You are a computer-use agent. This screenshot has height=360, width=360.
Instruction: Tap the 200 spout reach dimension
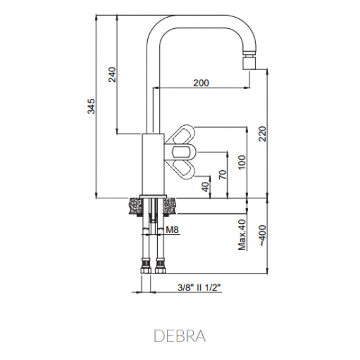202,82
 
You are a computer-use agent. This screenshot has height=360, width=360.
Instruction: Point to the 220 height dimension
262,135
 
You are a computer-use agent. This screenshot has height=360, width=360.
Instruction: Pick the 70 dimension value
223,175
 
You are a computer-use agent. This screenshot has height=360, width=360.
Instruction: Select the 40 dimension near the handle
205,186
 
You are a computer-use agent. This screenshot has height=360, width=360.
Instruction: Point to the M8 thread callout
172,230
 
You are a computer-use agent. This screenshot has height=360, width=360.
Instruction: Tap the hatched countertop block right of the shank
170,206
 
